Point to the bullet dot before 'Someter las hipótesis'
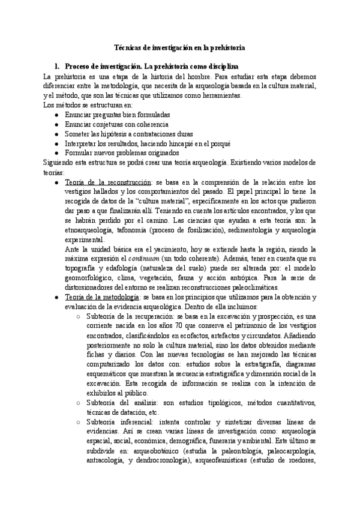tap(56, 134)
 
